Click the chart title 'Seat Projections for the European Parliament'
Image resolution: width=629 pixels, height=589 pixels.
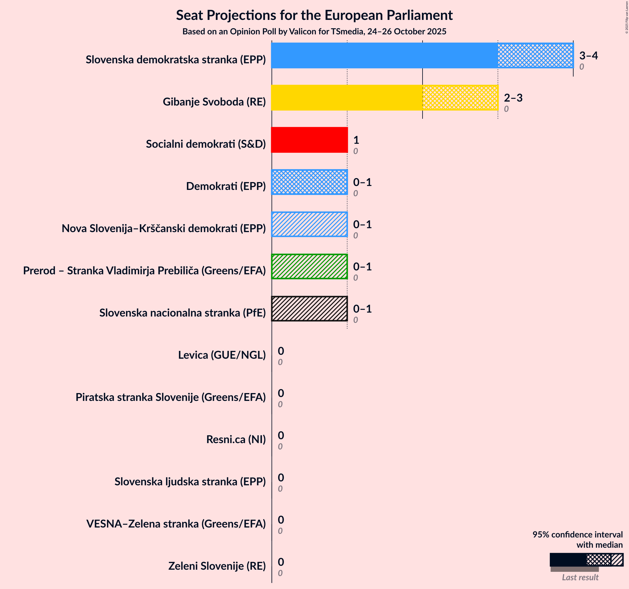coord(314,15)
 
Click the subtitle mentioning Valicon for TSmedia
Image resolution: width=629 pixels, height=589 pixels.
coord(314,32)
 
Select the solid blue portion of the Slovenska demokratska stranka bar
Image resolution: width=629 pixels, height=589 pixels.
coord(385,55)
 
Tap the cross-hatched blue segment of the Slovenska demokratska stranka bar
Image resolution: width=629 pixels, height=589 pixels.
coord(535,55)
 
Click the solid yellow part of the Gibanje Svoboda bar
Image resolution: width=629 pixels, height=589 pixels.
coord(347,97)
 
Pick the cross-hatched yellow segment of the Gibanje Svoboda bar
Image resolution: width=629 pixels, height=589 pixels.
coord(460,97)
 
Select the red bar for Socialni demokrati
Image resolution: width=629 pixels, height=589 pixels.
coord(310,140)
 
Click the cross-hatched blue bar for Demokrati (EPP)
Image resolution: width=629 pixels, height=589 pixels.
coord(310,182)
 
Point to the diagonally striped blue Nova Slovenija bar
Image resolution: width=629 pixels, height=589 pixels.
coord(310,224)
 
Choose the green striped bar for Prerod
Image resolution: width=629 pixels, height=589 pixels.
coord(310,266)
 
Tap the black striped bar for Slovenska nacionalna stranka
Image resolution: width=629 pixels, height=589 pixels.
coord(310,309)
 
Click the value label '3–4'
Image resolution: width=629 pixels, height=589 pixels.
coord(589,56)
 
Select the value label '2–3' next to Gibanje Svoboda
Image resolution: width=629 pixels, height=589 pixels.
coord(513,98)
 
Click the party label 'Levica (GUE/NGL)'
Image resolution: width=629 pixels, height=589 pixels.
coord(222,355)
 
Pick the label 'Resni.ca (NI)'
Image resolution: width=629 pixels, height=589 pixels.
coord(236,439)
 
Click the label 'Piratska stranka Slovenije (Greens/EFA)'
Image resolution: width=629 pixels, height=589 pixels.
coord(171,397)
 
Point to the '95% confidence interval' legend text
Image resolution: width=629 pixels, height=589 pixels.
coord(577,534)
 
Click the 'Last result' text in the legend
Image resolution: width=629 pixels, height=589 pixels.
coord(580,578)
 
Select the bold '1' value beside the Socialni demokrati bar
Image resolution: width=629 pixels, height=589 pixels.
coord(356,140)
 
